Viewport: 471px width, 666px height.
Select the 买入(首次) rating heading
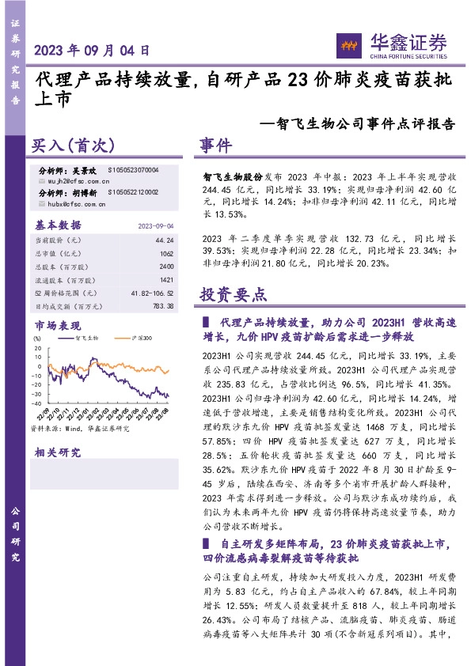pyautogui.click(x=74, y=146)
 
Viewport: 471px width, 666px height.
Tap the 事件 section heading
pyautogui.click(x=215, y=146)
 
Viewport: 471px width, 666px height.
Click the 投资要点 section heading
pyautogui.click(x=233, y=296)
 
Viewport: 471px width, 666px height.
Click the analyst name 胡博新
pyautogui.click(x=85, y=192)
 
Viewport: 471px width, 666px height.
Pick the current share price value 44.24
pyautogui.click(x=165, y=239)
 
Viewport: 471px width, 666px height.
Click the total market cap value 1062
pyautogui.click(x=166, y=253)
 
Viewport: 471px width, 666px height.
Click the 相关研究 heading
pyautogui.click(x=57, y=453)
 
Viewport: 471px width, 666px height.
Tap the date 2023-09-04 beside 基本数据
pyautogui.click(x=156, y=225)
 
